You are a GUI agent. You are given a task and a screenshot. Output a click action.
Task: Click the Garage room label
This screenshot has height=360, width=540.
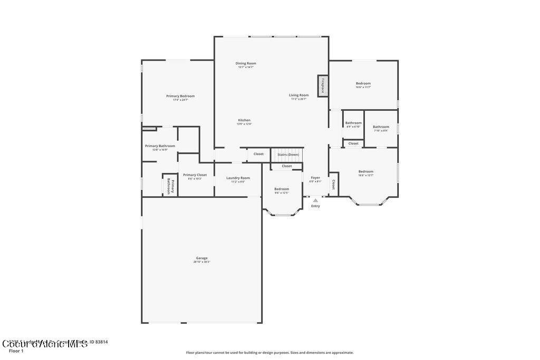(x=201, y=258)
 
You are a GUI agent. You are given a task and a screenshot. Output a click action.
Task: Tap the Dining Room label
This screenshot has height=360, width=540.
(x=246, y=63)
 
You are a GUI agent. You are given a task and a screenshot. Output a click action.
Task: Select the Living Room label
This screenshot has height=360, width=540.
(x=298, y=95)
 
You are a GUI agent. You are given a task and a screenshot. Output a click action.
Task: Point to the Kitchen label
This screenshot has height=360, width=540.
(x=244, y=120)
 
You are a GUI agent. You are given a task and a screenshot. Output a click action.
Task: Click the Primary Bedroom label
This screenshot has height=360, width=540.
(x=180, y=96)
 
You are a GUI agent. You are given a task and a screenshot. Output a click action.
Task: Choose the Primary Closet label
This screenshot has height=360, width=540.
(x=195, y=175)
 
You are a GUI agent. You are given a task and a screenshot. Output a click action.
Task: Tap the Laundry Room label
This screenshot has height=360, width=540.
(x=238, y=178)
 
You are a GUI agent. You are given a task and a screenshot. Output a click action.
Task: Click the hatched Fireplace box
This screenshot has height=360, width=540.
(x=323, y=86)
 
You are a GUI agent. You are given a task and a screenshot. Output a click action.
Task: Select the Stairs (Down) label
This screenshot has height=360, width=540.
(x=288, y=154)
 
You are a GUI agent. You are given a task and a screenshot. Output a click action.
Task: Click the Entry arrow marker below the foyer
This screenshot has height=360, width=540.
(x=315, y=200)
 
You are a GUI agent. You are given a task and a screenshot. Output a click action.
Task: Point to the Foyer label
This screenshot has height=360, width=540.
(x=315, y=178)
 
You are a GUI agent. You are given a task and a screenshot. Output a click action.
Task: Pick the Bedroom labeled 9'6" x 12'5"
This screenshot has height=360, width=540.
(x=282, y=189)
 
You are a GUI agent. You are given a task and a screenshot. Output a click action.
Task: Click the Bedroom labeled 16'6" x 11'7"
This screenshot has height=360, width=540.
(x=363, y=84)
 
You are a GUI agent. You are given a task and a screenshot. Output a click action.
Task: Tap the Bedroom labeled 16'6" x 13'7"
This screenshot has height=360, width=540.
(x=366, y=171)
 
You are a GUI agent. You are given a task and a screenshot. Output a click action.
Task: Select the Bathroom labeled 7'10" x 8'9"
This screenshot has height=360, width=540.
(x=381, y=127)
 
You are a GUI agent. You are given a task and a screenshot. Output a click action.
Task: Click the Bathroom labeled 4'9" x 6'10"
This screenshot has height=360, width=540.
(x=353, y=123)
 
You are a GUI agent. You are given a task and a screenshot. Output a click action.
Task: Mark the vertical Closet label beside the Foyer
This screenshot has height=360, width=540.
(x=333, y=184)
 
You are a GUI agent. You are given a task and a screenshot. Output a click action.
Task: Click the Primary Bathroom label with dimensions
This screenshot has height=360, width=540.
(x=160, y=146)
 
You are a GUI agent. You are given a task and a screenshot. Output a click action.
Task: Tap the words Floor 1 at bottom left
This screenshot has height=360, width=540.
(x=16, y=351)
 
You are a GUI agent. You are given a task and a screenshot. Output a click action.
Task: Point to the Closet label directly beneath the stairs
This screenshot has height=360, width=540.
(x=286, y=166)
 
